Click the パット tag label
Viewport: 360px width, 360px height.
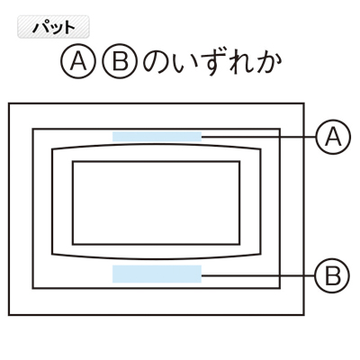(x=53, y=27)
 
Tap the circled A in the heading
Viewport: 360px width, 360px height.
(x=78, y=63)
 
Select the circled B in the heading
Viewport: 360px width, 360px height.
(x=120, y=63)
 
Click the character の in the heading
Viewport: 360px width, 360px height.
(x=158, y=63)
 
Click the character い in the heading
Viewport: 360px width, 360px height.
(x=185, y=64)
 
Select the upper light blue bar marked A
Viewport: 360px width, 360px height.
(x=157, y=137)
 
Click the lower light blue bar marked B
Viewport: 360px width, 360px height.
(x=157, y=274)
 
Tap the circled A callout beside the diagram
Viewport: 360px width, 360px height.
(x=333, y=137)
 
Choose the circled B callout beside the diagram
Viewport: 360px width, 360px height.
(x=332, y=275)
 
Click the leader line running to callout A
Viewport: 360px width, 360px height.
(x=258, y=137)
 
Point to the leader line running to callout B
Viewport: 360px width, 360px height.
(x=258, y=275)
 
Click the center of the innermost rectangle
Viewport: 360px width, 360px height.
(x=157, y=202)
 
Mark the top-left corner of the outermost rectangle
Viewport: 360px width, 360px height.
(x=9, y=103)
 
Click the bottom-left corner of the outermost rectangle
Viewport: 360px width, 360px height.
(x=9, y=315)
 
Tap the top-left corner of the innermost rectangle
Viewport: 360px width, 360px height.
(x=73, y=162)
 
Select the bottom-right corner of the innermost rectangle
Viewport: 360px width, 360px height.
(x=239, y=244)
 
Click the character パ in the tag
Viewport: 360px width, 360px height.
(x=40, y=28)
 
